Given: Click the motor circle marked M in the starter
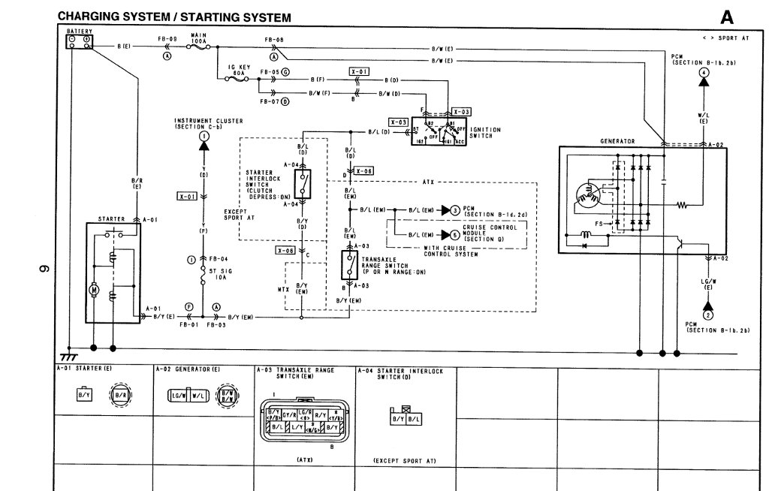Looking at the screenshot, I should pos(95,289).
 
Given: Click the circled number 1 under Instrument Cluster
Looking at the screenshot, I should pos(204,137).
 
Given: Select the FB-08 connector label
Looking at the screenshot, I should pos(274,38).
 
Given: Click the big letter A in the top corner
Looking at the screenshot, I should pos(727,17).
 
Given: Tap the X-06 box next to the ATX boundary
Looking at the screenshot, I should pos(363,172).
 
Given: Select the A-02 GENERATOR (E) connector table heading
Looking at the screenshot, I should pos(188,370).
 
